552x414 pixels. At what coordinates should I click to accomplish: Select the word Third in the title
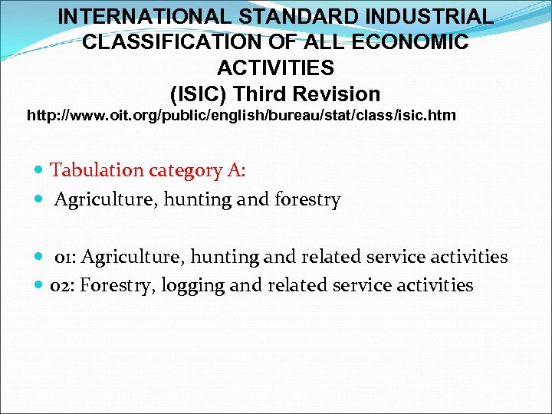click(x=263, y=94)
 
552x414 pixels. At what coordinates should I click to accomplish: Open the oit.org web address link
click(x=242, y=117)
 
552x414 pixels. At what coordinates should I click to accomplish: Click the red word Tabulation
click(x=95, y=170)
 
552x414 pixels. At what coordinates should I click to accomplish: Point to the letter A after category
click(x=235, y=170)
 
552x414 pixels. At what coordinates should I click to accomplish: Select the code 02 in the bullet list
click(x=60, y=286)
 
